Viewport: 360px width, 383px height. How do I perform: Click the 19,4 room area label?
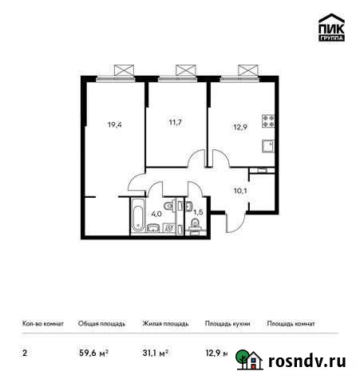click(115, 124)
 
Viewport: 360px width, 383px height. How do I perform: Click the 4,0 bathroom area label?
click(157, 213)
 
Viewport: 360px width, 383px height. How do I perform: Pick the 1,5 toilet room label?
click(199, 211)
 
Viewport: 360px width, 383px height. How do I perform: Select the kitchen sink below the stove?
click(270, 145)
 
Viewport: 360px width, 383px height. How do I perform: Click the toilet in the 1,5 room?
click(196, 230)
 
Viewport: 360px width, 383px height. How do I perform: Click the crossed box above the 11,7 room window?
click(183, 69)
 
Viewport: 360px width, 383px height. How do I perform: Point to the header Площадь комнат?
click(291, 324)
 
